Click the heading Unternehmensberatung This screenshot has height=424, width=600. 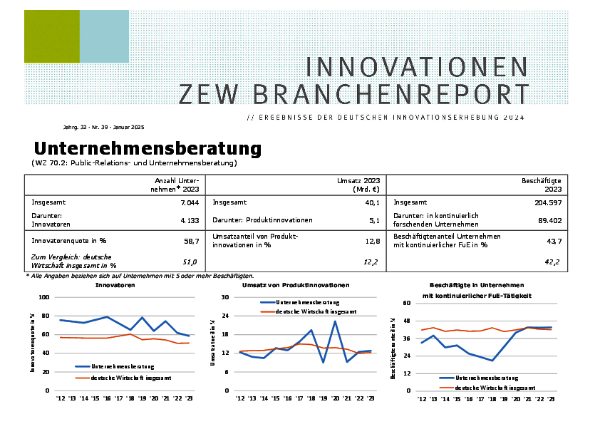148,149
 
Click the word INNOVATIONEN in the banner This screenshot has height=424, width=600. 417,67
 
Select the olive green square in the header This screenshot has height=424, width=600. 51,36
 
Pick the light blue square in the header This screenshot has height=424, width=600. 104,36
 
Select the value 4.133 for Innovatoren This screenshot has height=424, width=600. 190,221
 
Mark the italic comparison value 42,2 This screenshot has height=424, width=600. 553,262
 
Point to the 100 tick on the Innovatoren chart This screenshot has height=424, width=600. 44,297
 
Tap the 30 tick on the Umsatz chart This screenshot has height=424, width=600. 225,297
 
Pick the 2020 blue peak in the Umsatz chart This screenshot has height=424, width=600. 334,321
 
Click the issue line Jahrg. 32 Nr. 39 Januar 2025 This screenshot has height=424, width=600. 103,127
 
